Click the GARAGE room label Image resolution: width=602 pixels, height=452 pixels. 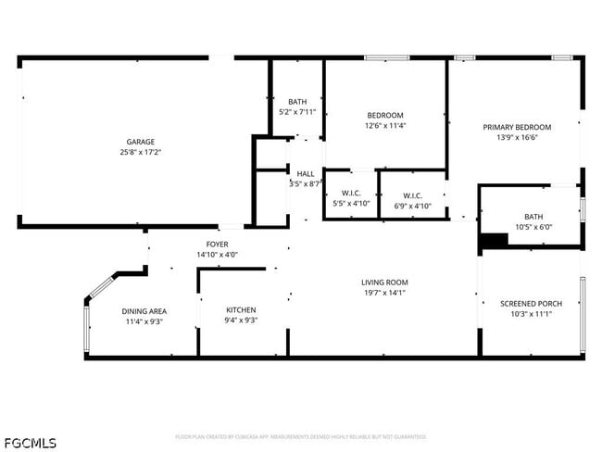click(141, 142)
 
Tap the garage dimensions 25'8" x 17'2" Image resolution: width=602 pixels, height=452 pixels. click(141, 152)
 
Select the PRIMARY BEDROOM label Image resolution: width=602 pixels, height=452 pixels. click(517, 127)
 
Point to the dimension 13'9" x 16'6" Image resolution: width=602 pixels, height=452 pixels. click(517, 137)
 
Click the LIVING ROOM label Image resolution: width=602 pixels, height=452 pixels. click(384, 282)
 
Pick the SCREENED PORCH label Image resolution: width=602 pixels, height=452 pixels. click(531, 304)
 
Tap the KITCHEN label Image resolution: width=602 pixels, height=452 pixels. click(242, 310)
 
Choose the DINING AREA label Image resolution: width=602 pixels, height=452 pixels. click(144, 311)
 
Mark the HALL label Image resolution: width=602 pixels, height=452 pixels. click(305, 173)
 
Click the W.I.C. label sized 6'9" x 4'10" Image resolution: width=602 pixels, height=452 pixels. click(412, 195)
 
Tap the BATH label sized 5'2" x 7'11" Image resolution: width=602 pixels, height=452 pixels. click(297, 102)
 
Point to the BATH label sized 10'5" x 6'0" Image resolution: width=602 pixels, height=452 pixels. click(533, 217)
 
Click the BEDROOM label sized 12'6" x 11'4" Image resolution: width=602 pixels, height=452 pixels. click(385, 116)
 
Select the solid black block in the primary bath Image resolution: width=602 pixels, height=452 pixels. click(494, 241)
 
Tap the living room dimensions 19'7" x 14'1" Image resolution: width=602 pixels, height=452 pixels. click(384, 294)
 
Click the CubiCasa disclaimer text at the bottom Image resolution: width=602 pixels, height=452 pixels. click(301, 436)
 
